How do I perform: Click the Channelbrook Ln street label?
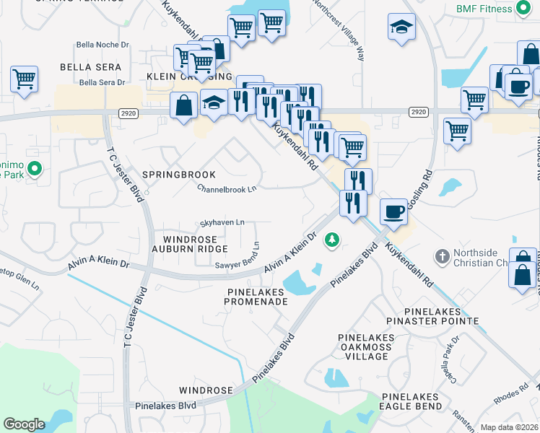coord(227,189)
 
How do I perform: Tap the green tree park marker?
coord(332,238)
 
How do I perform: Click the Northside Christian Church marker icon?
coord(442,256)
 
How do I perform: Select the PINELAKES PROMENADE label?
coord(258,296)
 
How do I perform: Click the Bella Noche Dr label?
coord(104,45)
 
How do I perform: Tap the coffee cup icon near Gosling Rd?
coord(393,211)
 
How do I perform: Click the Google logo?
coord(24,424)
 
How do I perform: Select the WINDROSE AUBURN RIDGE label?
coord(193,244)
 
